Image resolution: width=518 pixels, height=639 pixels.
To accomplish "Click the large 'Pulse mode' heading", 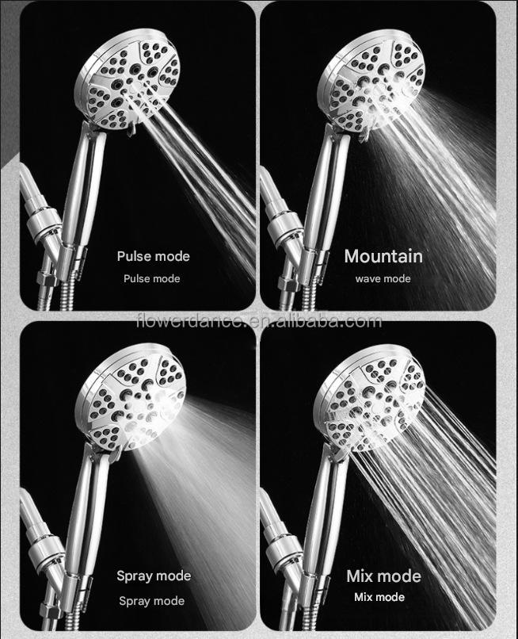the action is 153,256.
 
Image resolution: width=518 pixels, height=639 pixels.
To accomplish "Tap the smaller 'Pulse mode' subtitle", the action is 152,279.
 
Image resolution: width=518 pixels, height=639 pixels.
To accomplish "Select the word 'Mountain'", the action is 383,256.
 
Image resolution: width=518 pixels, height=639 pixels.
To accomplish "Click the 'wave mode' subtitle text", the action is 383,279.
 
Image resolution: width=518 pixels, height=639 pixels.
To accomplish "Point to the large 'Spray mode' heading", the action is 154,576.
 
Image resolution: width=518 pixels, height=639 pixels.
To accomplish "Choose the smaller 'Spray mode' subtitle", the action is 151,601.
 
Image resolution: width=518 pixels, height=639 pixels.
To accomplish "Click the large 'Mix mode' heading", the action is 383,576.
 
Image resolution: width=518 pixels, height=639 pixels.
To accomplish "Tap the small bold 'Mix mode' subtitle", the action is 379,597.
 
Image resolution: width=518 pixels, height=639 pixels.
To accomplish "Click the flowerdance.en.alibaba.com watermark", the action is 260,322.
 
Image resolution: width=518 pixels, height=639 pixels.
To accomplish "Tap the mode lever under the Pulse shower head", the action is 131,130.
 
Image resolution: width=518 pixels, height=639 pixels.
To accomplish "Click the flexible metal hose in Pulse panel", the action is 67,292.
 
